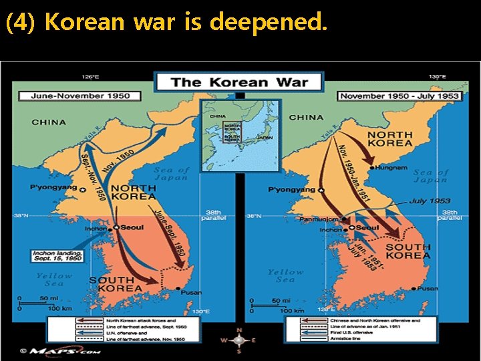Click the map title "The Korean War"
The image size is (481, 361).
(239, 83)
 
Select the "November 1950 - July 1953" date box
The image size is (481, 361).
(399, 96)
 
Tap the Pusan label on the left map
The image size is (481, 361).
(191, 291)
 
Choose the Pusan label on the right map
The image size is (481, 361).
(428, 289)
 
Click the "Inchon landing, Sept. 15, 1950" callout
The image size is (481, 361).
(58, 255)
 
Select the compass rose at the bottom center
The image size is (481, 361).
(239, 340)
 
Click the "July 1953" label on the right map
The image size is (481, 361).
(430, 201)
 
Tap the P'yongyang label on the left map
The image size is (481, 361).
(53, 188)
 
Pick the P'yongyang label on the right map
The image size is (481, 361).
(291, 190)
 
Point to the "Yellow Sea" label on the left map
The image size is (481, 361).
(54, 279)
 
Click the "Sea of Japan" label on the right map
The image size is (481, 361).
(431, 176)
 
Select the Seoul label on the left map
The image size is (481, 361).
(132, 227)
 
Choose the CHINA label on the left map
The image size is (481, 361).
(49, 122)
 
